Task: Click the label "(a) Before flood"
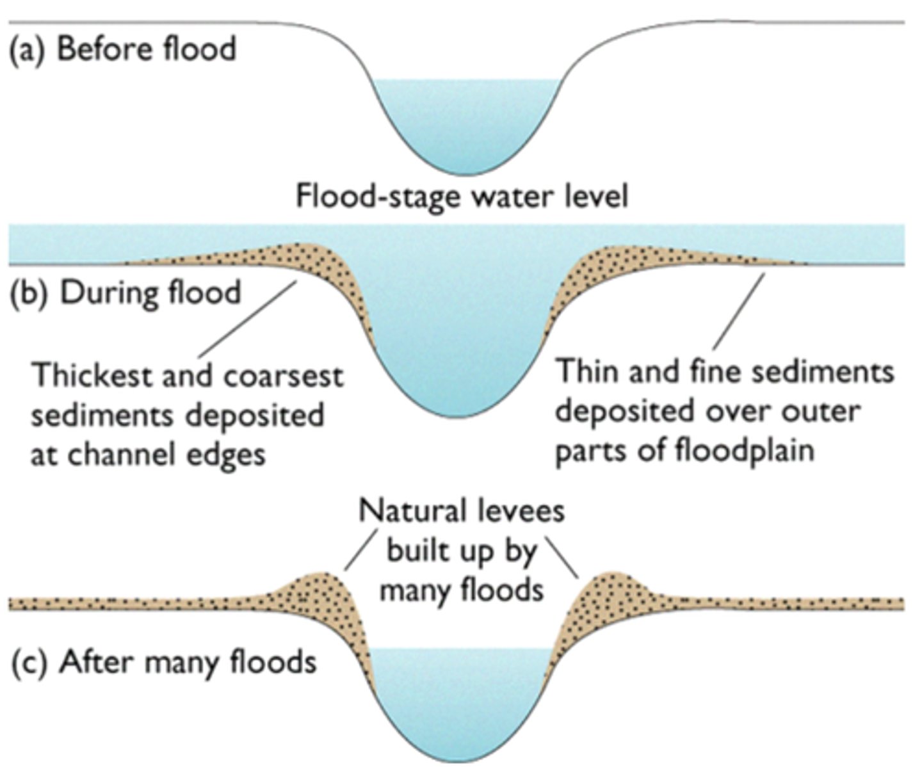[x=122, y=49]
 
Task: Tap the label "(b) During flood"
[x=125, y=293]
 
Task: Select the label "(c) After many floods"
[x=164, y=661]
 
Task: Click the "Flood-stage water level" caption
[x=461, y=196]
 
